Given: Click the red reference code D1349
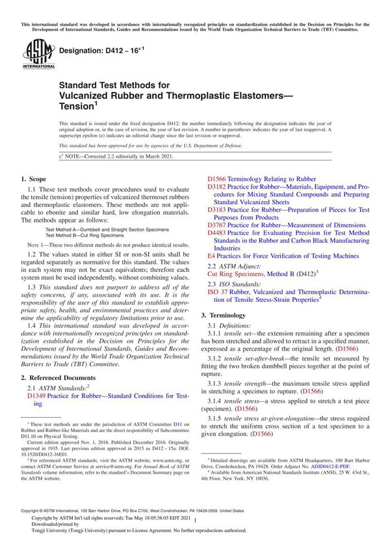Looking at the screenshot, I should click(38, 395).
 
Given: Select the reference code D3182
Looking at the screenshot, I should click(217, 187).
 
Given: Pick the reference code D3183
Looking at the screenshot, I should click(217, 210).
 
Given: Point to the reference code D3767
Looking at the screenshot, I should click(217, 225).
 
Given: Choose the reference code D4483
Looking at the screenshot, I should click(217, 233).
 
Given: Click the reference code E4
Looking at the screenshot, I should click(211, 256).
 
